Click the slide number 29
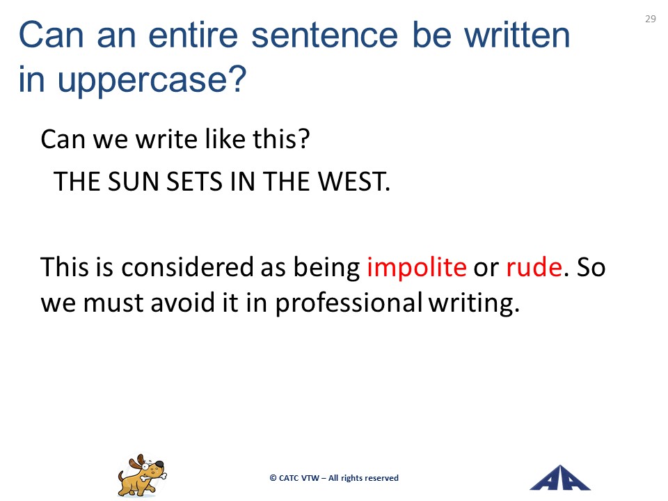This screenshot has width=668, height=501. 650,19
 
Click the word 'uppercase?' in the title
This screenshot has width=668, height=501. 152,79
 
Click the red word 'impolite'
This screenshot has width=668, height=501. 417,267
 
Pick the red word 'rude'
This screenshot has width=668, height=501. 534,267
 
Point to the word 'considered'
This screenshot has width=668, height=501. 187,267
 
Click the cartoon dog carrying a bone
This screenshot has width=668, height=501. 142,475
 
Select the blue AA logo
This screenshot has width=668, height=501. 559,478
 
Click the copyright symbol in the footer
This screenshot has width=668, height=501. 273,478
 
